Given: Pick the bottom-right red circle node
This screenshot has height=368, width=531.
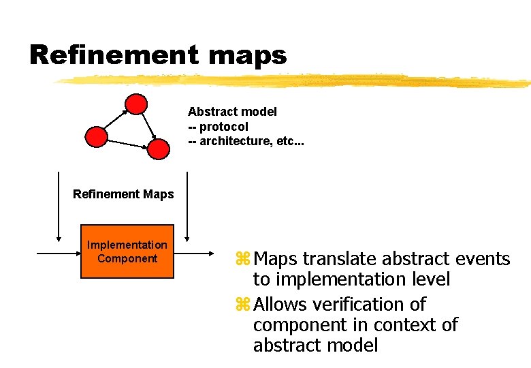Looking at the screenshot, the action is click(x=159, y=149).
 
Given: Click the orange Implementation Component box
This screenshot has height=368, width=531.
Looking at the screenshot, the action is click(x=127, y=251).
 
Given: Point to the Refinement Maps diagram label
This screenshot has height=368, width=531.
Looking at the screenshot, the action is click(x=123, y=194).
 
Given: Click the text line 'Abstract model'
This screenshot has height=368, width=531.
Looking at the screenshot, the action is click(x=232, y=112).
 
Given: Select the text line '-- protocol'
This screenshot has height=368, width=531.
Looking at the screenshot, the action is click(x=218, y=127).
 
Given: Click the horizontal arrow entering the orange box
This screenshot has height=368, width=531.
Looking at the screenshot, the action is click(x=58, y=253).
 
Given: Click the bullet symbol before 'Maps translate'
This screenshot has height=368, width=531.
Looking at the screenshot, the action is click(x=243, y=260).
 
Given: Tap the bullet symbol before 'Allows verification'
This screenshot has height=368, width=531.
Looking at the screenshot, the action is click(x=243, y=305).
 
